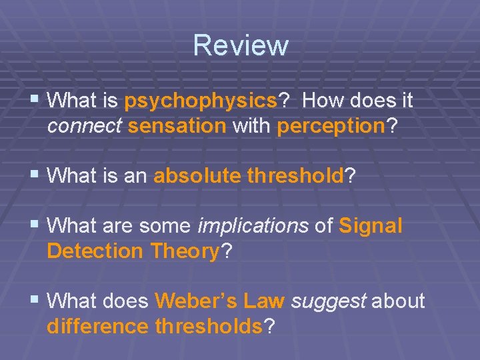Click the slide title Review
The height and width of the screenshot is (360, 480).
(241, 45)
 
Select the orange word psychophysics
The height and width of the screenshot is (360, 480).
(201, 101)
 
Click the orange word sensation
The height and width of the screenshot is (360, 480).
(177, 127)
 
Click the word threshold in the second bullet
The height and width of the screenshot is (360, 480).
(295, 176)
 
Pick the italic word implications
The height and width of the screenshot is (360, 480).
(253, 226)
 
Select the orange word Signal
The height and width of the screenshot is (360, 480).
(371, 226)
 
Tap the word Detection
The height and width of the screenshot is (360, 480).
(95, 251)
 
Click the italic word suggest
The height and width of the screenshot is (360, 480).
(329, 301)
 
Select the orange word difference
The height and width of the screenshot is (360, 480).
(98, 327)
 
